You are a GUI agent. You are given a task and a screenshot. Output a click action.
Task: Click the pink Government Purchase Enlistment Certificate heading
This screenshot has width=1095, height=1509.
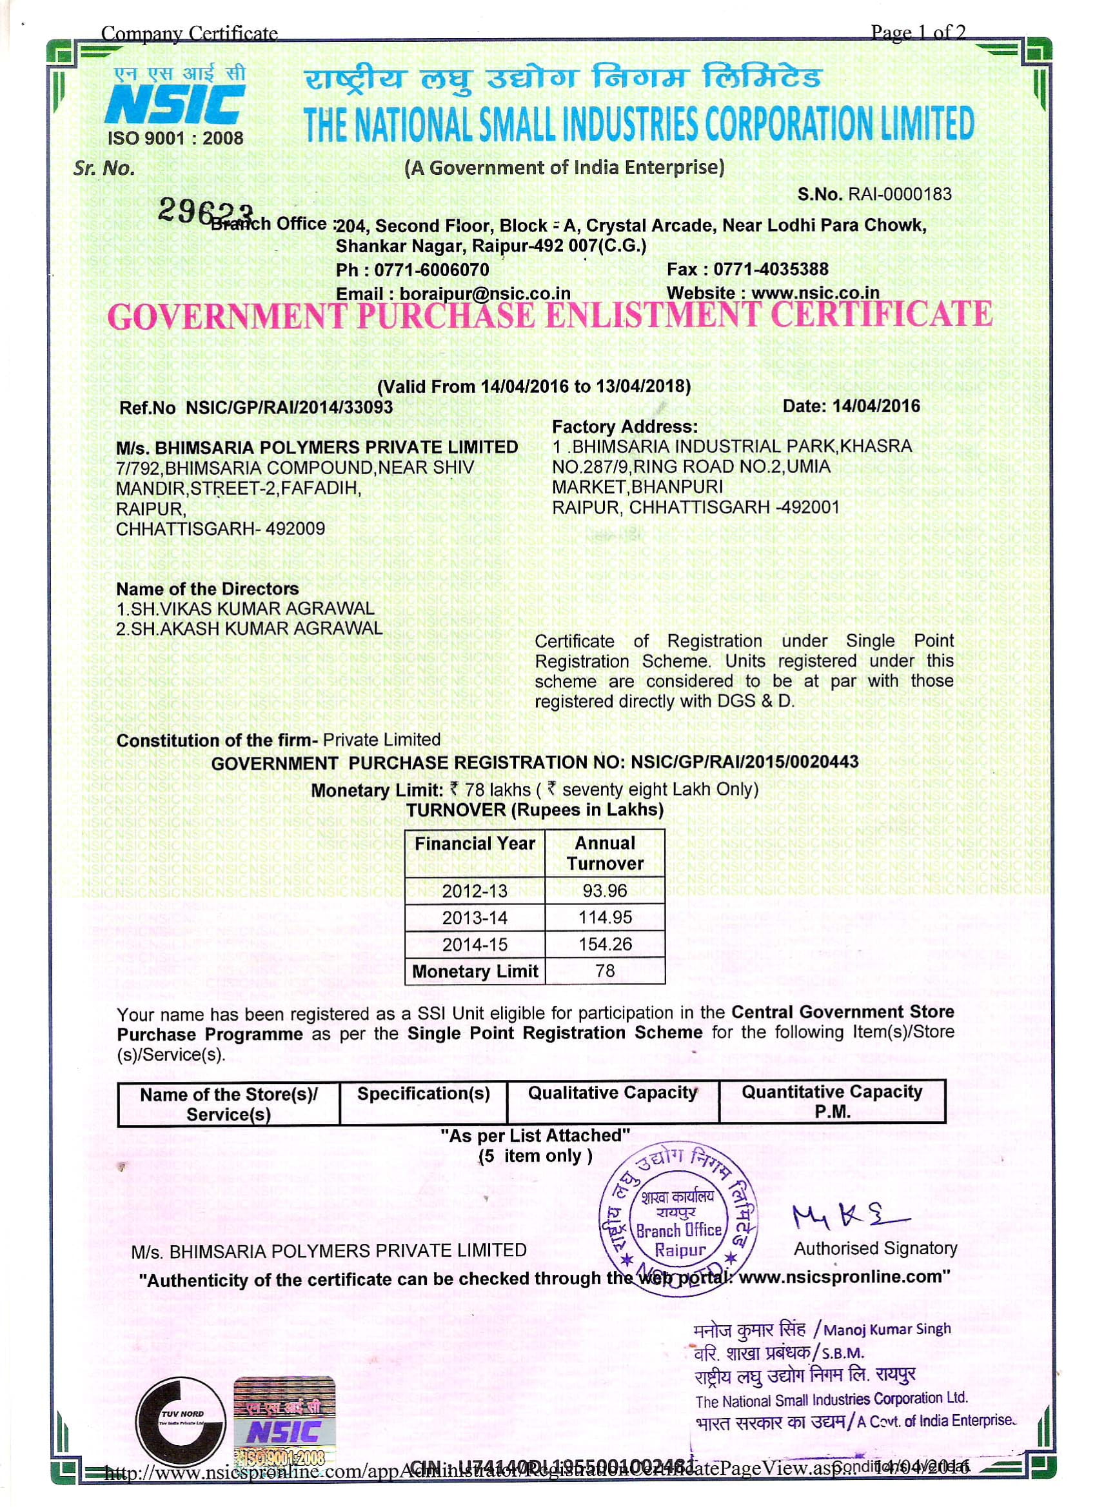549,315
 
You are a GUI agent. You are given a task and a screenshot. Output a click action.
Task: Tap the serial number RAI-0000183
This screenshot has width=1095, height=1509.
898,194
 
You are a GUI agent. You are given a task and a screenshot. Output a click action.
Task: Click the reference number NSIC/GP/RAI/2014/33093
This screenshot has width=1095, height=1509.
290,407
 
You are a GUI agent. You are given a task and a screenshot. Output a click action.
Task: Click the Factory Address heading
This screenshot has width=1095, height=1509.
625,426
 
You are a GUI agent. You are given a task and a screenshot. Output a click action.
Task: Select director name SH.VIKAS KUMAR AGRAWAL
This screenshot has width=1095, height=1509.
252,608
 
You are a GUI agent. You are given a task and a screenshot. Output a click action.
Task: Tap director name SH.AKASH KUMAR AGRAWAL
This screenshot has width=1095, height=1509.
256,628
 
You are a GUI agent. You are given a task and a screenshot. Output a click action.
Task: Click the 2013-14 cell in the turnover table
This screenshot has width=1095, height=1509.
475,917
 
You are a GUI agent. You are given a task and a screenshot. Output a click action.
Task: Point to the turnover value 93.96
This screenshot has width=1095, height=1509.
605,890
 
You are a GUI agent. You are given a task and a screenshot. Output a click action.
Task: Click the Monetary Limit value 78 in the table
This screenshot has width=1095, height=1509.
605,971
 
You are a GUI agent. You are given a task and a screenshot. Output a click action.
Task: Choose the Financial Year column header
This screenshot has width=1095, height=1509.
475,844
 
